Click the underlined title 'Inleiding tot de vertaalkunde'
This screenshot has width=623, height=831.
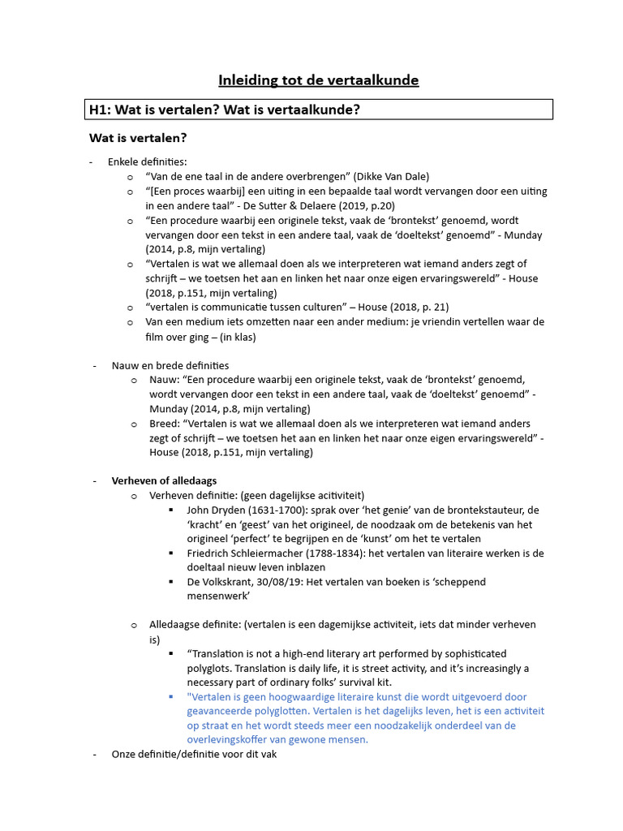point(318,80)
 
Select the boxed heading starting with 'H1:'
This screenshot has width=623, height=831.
point(224,110)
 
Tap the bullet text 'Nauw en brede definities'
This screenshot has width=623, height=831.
point(170,365)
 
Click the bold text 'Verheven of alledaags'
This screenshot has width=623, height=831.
point(164,480)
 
